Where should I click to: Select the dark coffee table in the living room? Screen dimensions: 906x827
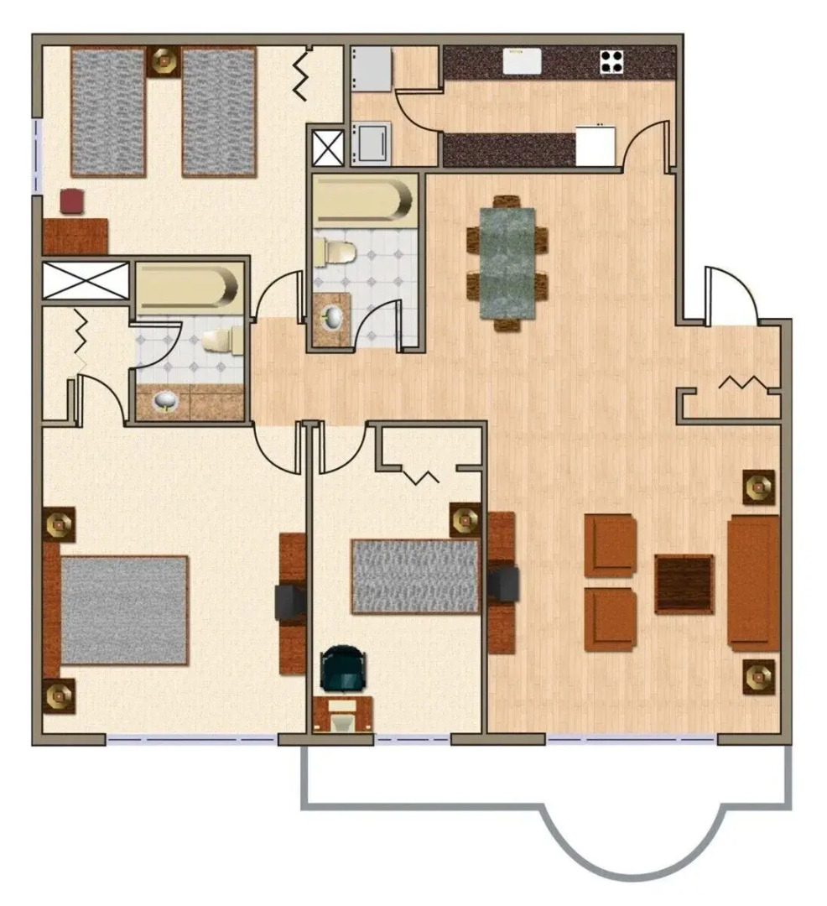(684, 584)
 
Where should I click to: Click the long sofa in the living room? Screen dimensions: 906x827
(753, 582)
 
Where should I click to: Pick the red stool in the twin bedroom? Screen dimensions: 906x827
(72, 201)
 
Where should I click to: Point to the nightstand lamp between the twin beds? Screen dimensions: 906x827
(163, 60)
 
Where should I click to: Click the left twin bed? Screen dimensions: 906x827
(108, 112)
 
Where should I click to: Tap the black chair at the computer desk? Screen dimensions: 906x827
(345, 667)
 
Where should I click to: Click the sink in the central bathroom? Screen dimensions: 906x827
(333, 316)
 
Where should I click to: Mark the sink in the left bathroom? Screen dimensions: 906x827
(164, 403)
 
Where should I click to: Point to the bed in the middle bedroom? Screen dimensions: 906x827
(414, 575)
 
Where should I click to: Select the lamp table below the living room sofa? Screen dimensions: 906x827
(758, 676)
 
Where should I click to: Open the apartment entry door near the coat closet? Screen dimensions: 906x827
(731, 295)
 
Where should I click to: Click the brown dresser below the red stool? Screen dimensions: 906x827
(75, 236)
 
